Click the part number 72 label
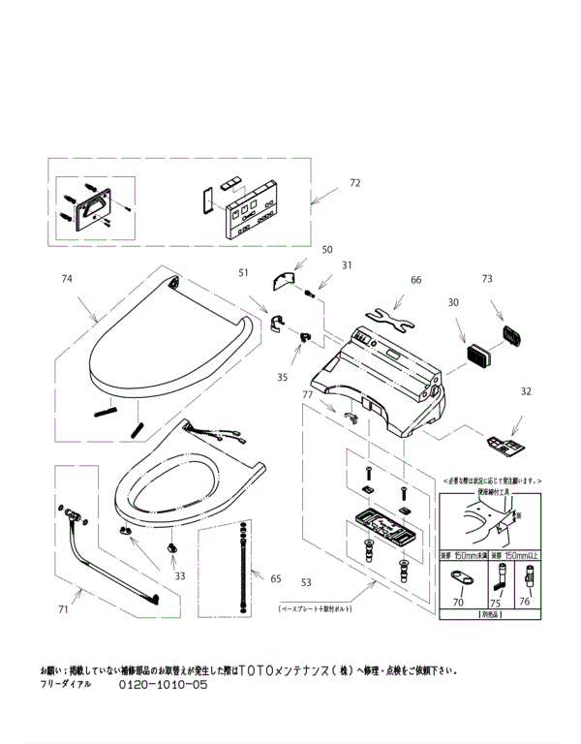354,182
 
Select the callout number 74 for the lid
67,278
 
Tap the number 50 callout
300,250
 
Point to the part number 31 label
346,265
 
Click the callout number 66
416,280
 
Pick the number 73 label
487,279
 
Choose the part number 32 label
526,391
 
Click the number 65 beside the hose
276,578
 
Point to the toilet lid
165,349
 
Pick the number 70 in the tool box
460,602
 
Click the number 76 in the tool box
524,602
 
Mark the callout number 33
179,575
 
